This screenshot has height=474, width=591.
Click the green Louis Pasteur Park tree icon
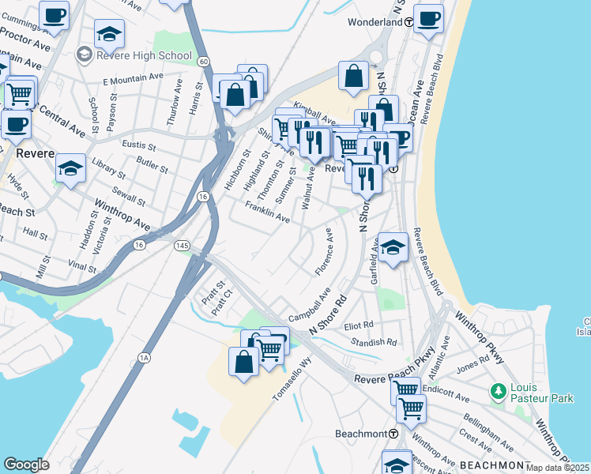tap(498, 390)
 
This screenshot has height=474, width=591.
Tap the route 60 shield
tap(204, 61)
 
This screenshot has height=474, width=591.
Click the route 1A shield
tap(145, 358)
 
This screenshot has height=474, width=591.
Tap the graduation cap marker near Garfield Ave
tap(393, 247)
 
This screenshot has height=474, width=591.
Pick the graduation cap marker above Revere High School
tap(109, 34)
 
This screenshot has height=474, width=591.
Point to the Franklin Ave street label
tap(267, 211)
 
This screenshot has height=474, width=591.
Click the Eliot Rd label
tap(359, 325)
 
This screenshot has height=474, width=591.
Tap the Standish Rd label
tap(373, 342)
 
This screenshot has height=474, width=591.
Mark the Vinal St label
tap(82, 267)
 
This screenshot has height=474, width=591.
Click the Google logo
tap(26, 465)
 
